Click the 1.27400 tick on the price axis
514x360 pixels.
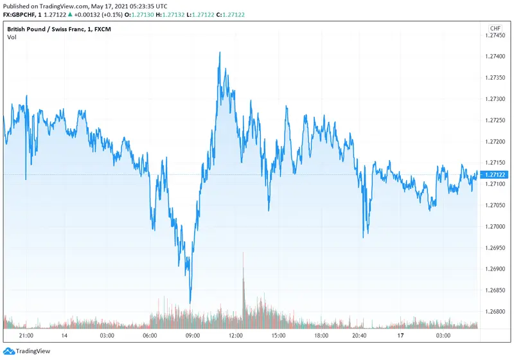(x=496, y=57)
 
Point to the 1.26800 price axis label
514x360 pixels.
(x=496, y=311)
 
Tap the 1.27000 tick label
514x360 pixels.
(x=496, y=226)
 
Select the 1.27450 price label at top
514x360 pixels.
(x=496, y=35)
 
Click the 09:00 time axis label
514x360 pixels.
(x=192, y=336)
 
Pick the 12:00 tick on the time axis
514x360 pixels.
(x=236, y=336)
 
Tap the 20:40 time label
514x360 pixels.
(x=360, y=336)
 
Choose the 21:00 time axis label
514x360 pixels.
(x=27, y=336)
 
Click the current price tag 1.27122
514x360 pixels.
(x=496, y=174)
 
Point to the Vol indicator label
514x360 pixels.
(x=12, y=37)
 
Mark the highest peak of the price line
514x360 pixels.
(x=220, y=53)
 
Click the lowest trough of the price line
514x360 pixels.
(x=190, y=302)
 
